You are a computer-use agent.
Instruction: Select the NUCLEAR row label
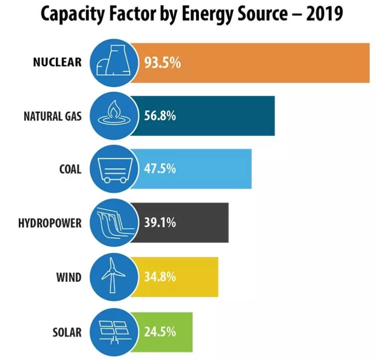(x=57, y=63)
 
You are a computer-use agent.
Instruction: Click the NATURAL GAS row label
(x=52, y=117)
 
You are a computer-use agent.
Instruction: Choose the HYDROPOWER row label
(x=49, y=222)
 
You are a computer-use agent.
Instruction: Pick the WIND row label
(x=69, y=276)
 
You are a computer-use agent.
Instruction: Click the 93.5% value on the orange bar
(x=163, y=63)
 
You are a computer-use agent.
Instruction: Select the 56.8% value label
(x=160, y=117)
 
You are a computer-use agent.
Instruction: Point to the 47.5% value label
(x=160, y=169)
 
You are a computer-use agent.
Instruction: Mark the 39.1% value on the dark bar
(x=160, y=222)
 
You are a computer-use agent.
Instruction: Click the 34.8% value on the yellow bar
(x=160, y=276)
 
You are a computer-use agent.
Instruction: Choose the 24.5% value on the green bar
(x=160, y=331)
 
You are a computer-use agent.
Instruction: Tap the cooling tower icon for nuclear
(x=113, y=63)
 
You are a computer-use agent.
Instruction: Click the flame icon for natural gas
(x=113, y=116)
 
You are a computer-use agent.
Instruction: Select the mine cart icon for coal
(x=113, y=170)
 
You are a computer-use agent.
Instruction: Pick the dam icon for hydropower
(x=113, y=223)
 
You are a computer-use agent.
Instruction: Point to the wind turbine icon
(x=113, y=276)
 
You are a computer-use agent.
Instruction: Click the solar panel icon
(x=113, y=330)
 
